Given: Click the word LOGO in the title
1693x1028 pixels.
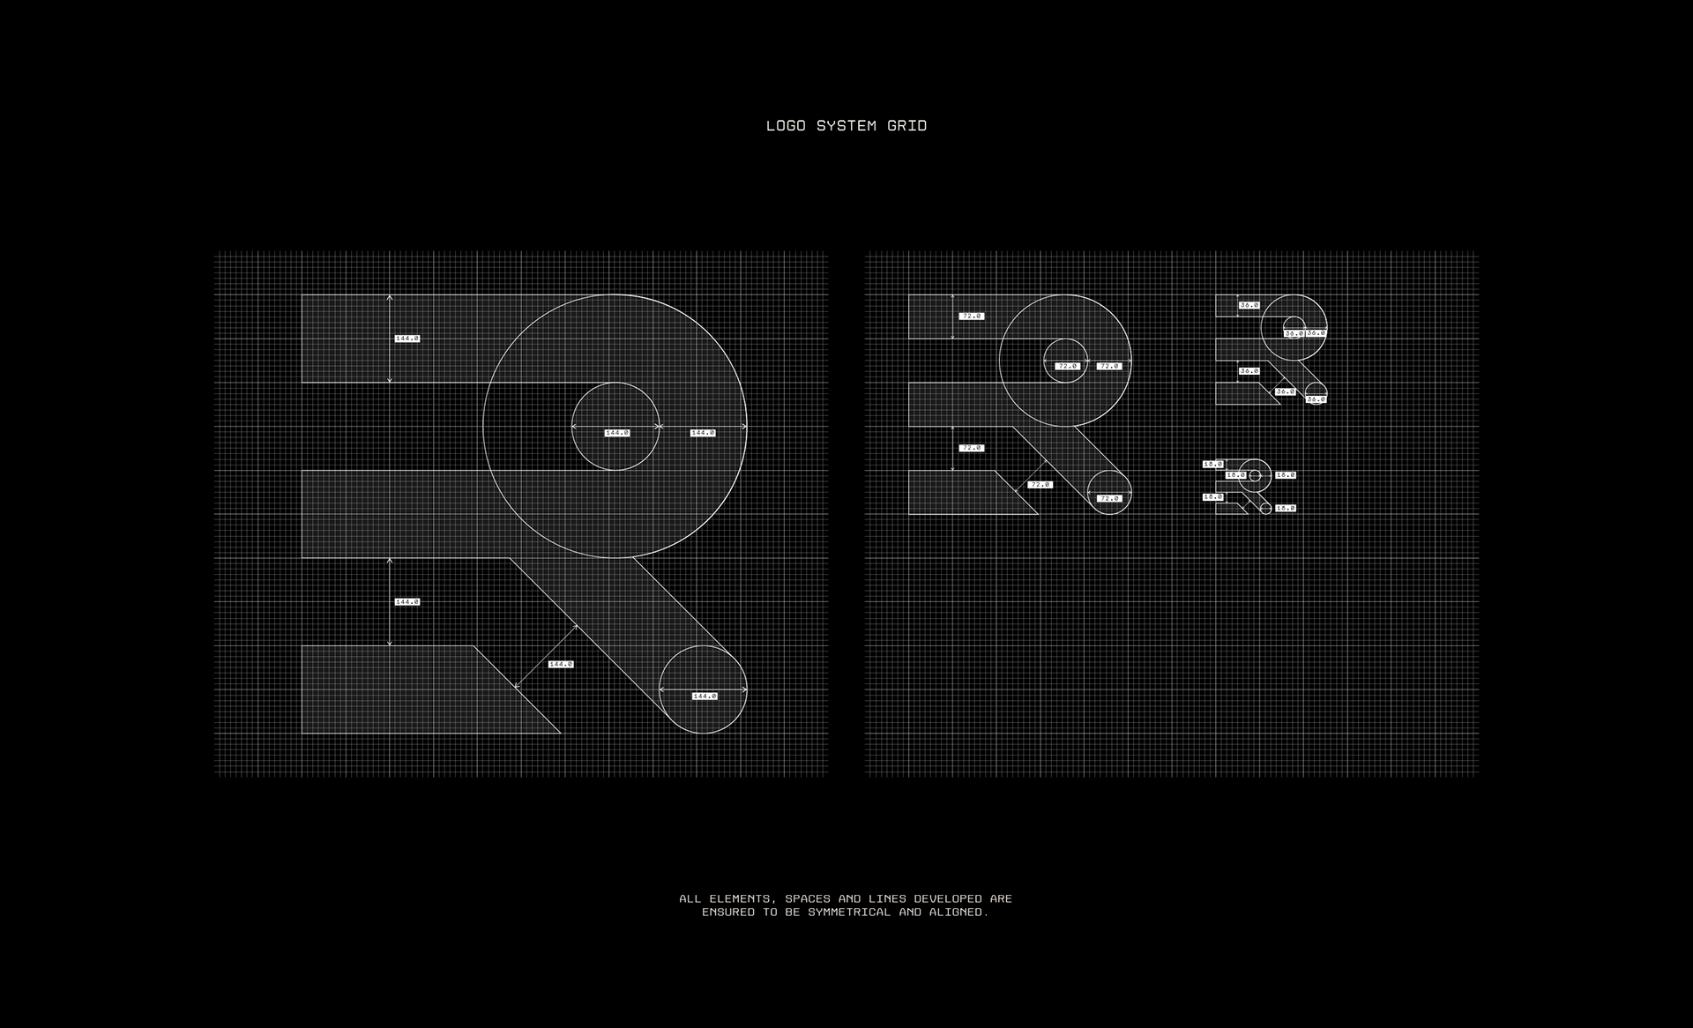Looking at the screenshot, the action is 786,126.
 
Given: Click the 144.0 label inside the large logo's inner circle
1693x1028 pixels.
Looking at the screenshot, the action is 617,433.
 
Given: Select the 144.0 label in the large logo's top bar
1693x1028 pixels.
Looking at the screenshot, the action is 407,339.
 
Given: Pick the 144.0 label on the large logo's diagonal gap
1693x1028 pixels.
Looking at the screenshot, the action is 561,664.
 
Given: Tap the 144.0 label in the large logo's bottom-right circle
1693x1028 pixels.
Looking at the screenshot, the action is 705,697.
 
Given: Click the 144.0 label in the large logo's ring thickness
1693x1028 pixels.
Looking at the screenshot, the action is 703,433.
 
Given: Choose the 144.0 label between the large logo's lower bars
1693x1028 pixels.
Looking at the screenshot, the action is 407,602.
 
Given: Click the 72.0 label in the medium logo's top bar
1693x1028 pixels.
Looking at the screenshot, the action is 972,316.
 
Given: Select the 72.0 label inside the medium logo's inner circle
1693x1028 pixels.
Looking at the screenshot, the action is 1067,366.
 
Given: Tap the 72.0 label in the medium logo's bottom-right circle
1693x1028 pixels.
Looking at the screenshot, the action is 1109,498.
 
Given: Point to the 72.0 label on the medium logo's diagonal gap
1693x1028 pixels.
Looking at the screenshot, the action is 1040,484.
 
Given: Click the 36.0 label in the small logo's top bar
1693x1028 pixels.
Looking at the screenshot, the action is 1249,305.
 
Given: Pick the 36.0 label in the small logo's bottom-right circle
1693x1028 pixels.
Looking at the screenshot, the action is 1316,399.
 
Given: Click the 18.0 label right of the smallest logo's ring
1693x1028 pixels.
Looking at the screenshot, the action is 1286,475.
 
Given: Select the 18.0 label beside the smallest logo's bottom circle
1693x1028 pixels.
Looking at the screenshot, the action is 1286,509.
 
